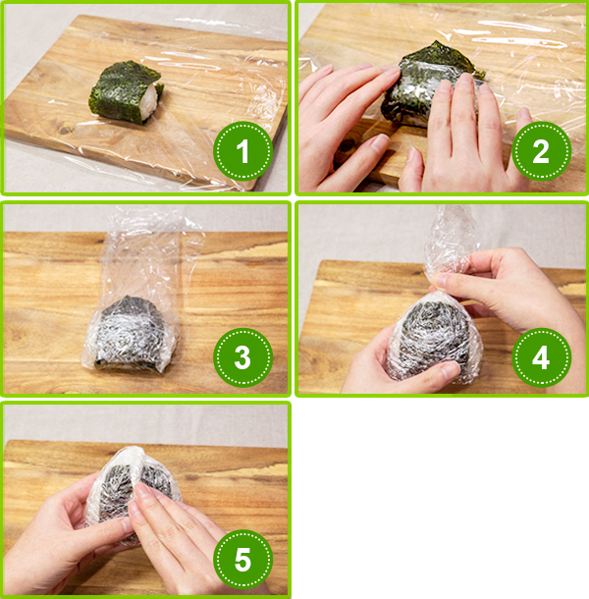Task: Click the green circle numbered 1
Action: [x=242, y=151]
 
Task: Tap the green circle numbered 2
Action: [x=541, y=151]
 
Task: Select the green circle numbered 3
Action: [x=242, y=357]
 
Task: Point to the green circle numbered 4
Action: [x=541, y=357]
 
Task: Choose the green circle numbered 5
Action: [x=242, y=560]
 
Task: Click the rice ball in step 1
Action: [x=126, y=92]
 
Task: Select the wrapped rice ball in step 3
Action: [x=130, y=333]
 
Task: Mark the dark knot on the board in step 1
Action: [x=66, y=130]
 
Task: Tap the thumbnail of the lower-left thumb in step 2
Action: [x=380, y=142]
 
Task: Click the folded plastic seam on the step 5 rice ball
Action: [x=134, y=473]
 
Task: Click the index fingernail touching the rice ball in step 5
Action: [x=141, y=490]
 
